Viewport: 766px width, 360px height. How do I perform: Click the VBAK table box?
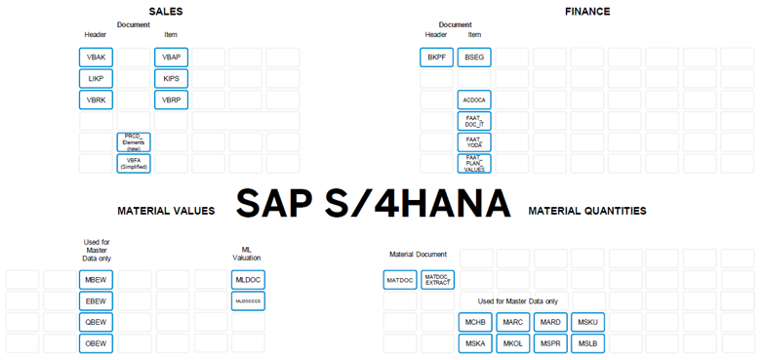tap(96, 58)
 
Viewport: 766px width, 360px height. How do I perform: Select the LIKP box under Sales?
tap(96, 79)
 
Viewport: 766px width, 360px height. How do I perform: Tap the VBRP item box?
tap(171, 100)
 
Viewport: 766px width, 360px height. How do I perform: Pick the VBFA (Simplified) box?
tap(134, 163)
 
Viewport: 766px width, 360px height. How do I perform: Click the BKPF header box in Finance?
tap(436, 58)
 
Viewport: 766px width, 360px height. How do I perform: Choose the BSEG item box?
tap(474, 58)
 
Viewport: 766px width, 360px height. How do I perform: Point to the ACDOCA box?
tap(474, 100)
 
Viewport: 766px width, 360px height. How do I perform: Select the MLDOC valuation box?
tap(248, 280)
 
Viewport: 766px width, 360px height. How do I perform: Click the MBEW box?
tap(96, 280)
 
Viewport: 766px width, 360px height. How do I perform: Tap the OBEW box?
tap(96, 342)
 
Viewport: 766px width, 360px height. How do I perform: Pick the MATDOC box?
tap(400, 280)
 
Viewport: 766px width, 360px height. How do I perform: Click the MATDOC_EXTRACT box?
tap(437, 280)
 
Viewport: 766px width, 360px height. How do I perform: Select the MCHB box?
tap(475, 322)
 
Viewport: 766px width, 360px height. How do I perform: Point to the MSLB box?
tap(587, 343)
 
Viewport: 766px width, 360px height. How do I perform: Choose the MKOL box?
tap(512, 343)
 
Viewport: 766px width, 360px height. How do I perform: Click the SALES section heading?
tap(165, 12)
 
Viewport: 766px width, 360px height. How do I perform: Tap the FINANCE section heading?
tap(587, 12)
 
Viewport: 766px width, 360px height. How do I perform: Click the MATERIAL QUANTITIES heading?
tap(586, 211)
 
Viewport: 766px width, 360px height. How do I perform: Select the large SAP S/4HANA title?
tap(374, 204)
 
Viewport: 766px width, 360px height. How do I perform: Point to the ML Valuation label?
tap(247, 254)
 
